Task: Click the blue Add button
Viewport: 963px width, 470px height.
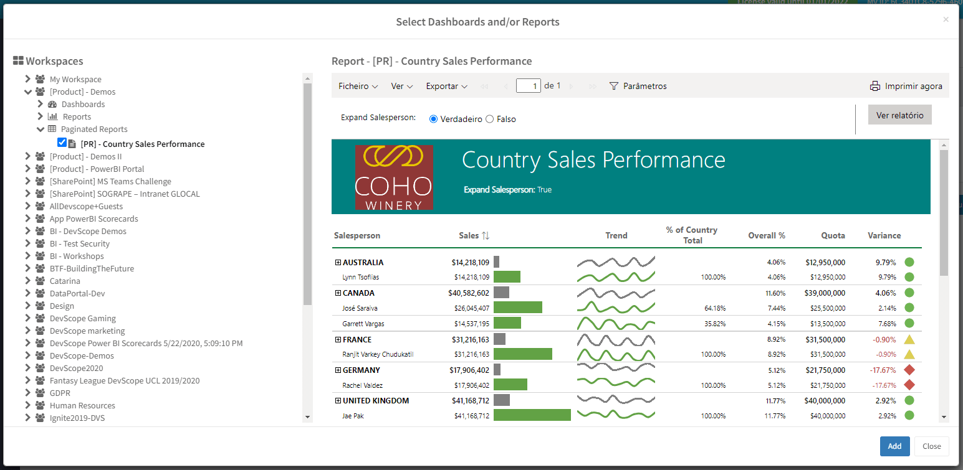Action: coord(894,446)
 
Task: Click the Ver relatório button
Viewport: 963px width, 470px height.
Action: coord(899,115)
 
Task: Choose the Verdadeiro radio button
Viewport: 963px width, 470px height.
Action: coord(434,119)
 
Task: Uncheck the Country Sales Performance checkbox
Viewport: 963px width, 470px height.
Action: coord(62,143)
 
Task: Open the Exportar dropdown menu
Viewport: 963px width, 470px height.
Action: coord(446,87)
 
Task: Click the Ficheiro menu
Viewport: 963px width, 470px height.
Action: coord(358,87)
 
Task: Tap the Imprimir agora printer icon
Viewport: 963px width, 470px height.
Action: coord(875,87)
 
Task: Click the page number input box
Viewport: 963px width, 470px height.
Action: coord(528,86)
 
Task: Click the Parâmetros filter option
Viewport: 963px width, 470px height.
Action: coord(638,87)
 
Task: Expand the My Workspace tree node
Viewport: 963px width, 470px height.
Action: coord(27,79)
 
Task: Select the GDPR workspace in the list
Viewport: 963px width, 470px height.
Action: coord(60,393)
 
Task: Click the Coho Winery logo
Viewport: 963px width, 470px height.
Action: coord(393,177)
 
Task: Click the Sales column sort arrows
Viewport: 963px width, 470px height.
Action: coord(486,235)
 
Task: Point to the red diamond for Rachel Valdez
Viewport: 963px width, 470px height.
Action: coord(909,385)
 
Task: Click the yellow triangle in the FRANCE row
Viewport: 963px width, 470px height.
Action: coord(909,340)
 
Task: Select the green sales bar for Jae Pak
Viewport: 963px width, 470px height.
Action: coord(532,415)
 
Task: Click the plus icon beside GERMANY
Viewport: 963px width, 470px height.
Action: coord(338,370)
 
